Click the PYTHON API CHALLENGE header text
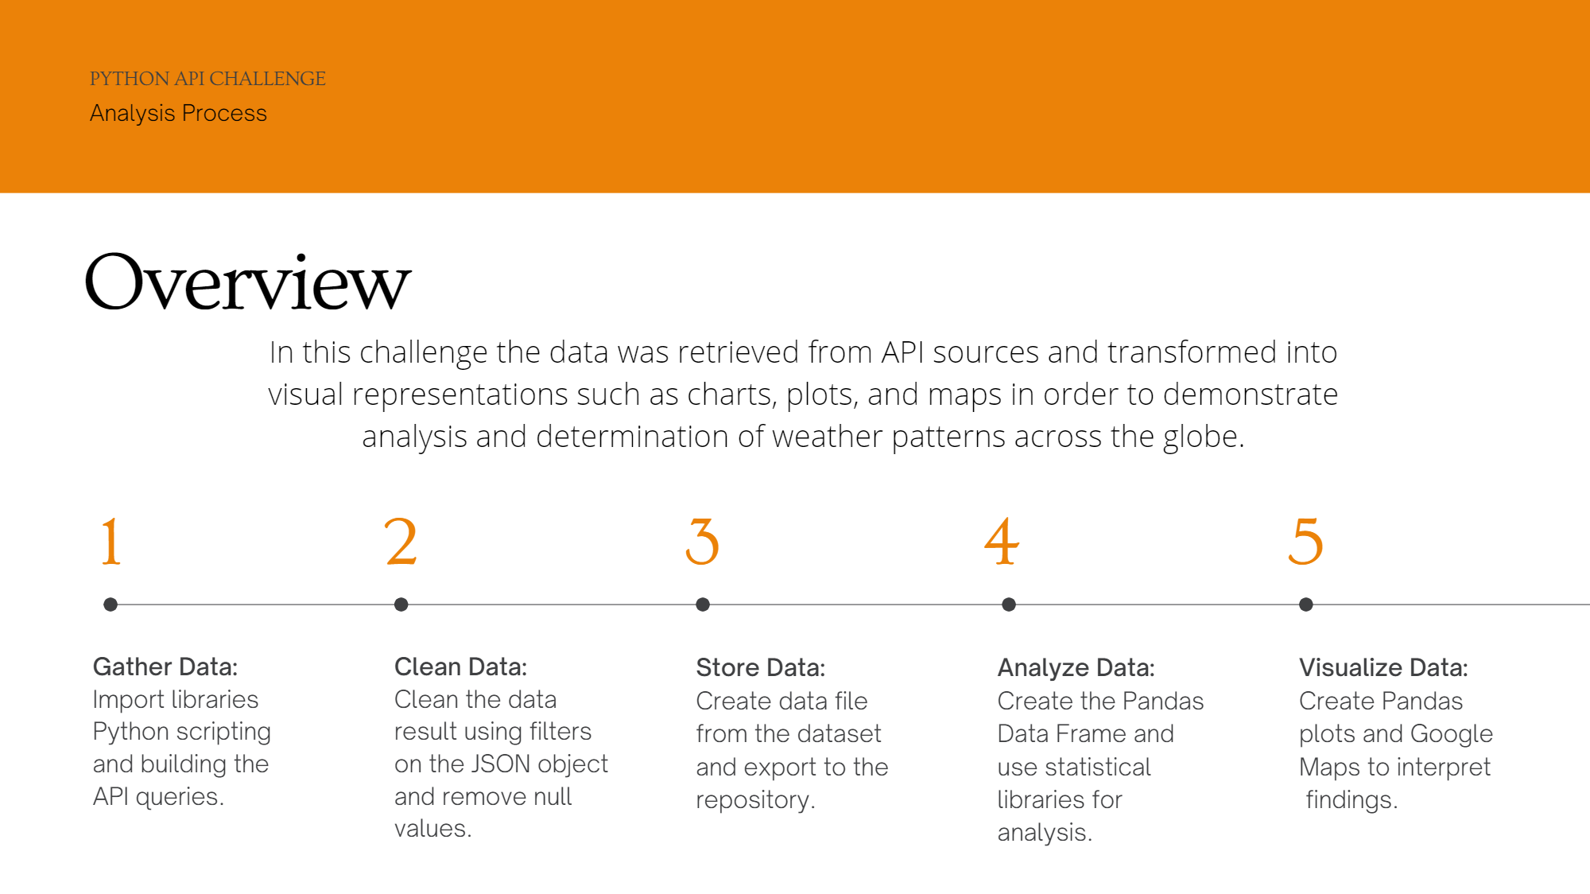pos(207,79)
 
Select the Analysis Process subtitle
pos(178,114)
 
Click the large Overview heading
pos(248,282)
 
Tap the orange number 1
pos(111,542)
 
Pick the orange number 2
pos(401,542)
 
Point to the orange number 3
pos(703,542)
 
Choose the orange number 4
pos(1002,542)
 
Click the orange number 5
pos(1305,542)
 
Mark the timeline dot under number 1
pos(111,604)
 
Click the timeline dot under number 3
pos(703,604)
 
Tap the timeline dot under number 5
pos(1306,604)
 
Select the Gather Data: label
pos(165,667)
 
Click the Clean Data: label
pos(461,667)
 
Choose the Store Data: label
pos(761,667)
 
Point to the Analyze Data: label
pos(1076,668)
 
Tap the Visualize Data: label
pos(1384,667)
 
